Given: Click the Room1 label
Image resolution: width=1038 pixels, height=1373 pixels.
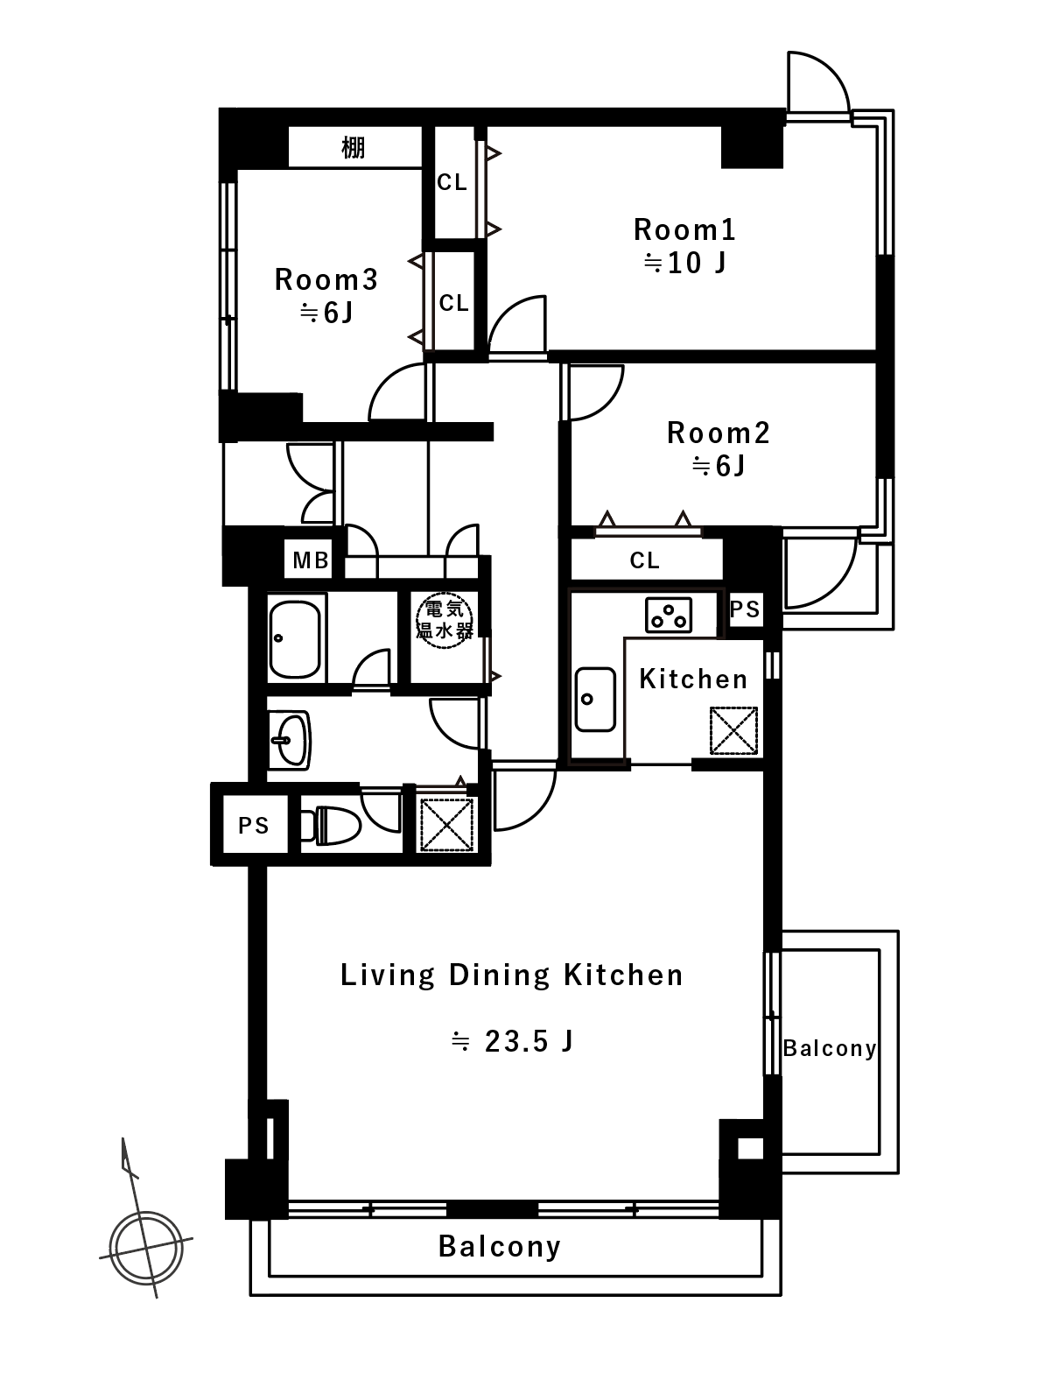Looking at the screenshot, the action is click(x=684, y=229).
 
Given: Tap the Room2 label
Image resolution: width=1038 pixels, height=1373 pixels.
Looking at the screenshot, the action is click(x=718, y=433).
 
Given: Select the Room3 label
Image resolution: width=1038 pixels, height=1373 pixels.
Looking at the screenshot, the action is click(x=326, y=279).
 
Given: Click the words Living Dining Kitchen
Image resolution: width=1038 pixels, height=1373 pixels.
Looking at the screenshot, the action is click(x=511, y=975).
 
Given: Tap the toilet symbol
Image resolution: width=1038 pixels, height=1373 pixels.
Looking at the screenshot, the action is click(x=331, y=826).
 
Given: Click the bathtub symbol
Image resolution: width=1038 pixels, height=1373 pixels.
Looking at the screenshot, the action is click(x=294, y=639).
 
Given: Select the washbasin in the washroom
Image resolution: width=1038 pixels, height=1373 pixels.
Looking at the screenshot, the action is click(x=290, y=740).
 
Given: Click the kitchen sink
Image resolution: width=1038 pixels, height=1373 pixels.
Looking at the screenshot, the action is click(x=595, y=699).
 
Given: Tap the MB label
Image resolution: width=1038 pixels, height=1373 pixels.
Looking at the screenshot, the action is click(x=311, y=560).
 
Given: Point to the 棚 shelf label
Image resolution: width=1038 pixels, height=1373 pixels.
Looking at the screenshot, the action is click(x=353, y=148).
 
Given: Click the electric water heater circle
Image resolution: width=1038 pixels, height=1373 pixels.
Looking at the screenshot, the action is click(x=445, y=620).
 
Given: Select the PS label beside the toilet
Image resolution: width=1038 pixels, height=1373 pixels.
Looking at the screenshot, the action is click(x=253, y=826).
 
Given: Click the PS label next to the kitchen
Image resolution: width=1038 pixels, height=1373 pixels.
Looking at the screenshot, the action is click(x=744, y=609).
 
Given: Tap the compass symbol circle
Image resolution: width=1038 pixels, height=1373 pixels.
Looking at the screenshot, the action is click(x=146, y=1248).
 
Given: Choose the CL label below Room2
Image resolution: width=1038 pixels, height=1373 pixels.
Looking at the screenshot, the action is click(x=644, y=560).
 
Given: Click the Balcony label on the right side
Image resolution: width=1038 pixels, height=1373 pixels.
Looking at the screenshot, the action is click(x=830, y=1048).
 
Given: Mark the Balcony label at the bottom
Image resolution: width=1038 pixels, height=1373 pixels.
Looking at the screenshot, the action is click(x=499, y=1245).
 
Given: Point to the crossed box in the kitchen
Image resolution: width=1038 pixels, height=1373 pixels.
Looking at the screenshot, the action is click(x=733, y=730).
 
